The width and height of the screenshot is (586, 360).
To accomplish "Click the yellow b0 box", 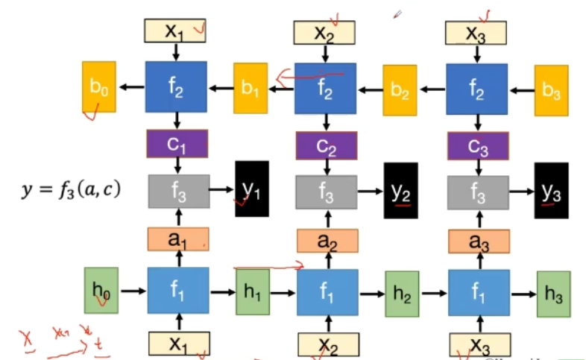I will coord(98,86).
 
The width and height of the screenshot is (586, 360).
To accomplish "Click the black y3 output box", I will coord(551,190).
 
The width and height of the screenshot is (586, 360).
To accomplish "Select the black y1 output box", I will coord(251,189).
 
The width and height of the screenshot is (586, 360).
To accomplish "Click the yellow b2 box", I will coord(400,90).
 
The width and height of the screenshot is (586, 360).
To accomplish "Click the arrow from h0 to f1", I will coord(133,291).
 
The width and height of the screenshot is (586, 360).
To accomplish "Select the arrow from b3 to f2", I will coord(521,89).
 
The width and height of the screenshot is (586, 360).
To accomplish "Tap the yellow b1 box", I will coord(250,88).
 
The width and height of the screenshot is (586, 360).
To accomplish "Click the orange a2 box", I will coord(327,240).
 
